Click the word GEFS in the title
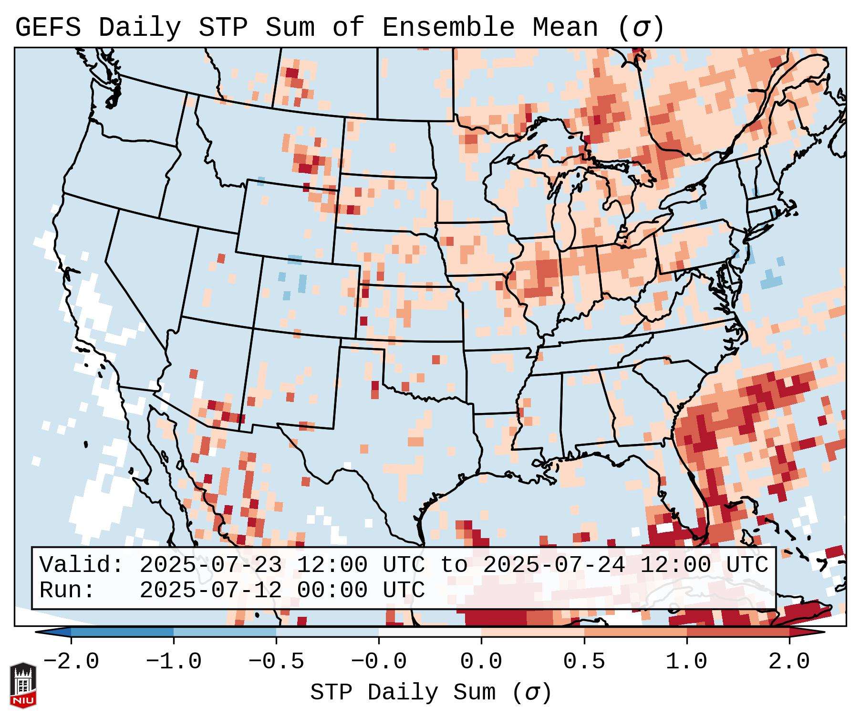pyautogui.click(x=48, y=28)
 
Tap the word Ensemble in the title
pyautogui.click(x=448, y=28)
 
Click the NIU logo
pyautogui.click(x=23, y=686)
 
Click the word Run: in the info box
pyautogui.click(x=67, y=590)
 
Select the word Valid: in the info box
pyautogui.click(x=82, y=565)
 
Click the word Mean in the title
pyautogui.click(x=565, y=28)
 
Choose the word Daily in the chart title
pyautogui.click(x=140, y=28)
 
